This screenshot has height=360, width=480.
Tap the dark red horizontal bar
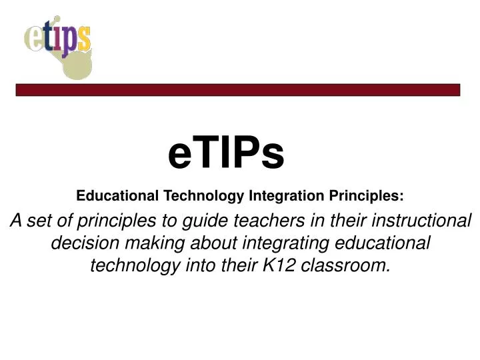click(238, 89)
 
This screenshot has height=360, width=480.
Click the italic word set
click(44, 221)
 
